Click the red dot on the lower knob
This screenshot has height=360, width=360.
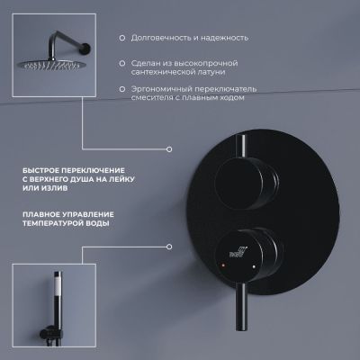(x=222, y=265)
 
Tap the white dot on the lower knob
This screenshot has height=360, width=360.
(x=254, y=266)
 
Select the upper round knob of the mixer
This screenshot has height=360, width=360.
(x=246, y=184)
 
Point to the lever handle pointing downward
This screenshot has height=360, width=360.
(x=241, y=306)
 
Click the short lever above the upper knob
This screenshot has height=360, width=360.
(x=241, y=147)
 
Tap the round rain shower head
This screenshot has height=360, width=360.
(x=49, y=65)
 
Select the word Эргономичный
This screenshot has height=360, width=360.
(x=162, y=89)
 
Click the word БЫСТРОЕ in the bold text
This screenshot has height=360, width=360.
(x=40, y=170)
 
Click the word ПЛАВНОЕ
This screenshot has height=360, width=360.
(x=41, y=215)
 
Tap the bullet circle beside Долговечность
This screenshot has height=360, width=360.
(x=122, y=38)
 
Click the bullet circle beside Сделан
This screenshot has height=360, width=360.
(x=122, y=64)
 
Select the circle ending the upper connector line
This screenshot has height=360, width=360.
(x=169, y=149)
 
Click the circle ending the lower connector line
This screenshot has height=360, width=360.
(x=169, y=247)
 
